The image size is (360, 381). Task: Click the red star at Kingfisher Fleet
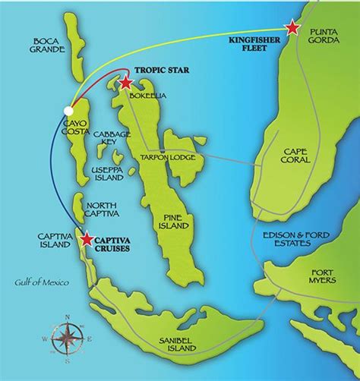[291, 27]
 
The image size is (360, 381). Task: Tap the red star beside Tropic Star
[125, 79]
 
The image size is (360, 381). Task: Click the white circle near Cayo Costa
[69, 111]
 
